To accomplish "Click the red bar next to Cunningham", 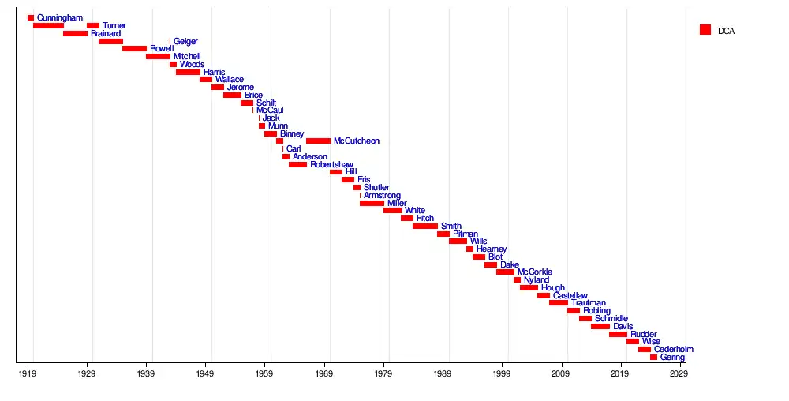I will point(31,17).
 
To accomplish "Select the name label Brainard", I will point(106,34).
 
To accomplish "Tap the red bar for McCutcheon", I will point(318,141).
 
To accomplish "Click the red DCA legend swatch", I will point(705,30).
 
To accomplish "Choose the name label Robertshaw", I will point(331,165).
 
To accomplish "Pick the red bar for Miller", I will point(372,203).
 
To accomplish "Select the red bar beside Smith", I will point(424,227).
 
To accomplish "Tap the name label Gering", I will point(672,358).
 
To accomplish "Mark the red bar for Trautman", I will point(558,303).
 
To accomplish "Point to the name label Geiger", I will point(185,42).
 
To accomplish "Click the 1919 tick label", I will point(28,373).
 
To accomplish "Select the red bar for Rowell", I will point(134,49).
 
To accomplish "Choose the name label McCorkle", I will point(535,272).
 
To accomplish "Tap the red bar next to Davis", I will point(600,326).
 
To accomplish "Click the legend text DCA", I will point(726,31).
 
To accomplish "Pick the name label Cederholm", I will point(674,350).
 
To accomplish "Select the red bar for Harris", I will point(188,72).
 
